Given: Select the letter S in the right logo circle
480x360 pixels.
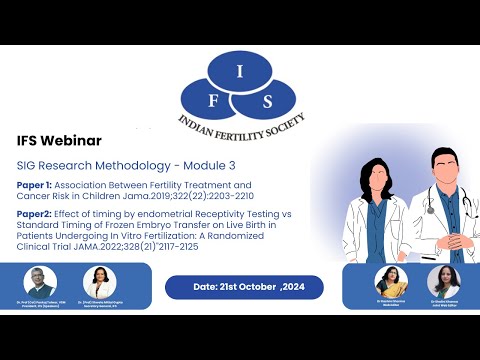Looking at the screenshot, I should pos(268,100).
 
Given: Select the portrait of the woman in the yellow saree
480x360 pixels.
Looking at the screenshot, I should pos(391,282).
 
